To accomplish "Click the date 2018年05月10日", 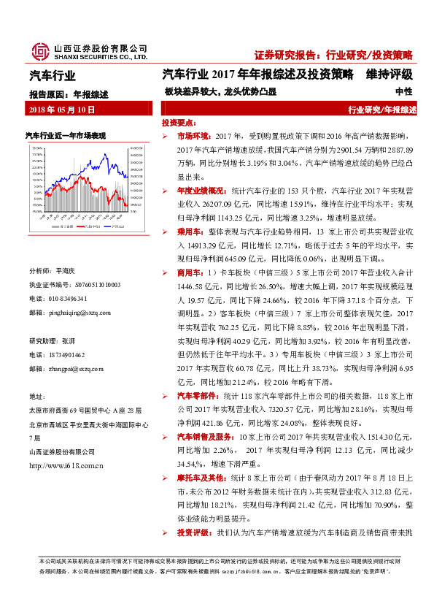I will click(x=63, y=109).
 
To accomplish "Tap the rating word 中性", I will click(x=403, y=92).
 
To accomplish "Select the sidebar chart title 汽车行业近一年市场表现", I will click(x=66, y=136).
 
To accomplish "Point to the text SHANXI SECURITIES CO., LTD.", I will click(x=101, y=56).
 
